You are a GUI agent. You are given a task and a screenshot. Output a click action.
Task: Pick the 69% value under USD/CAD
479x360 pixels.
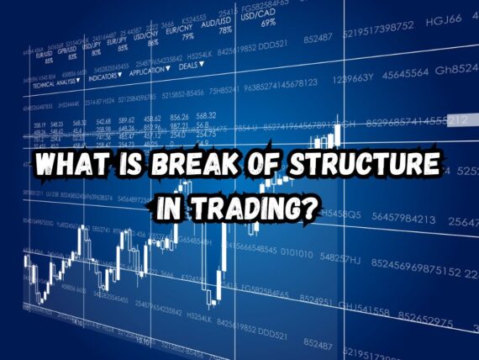(x=268, y=23)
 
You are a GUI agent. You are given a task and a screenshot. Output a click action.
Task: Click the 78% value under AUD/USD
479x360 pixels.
(x=225, y=29)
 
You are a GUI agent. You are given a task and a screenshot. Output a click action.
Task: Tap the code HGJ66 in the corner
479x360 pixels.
(x=444, y=19)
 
